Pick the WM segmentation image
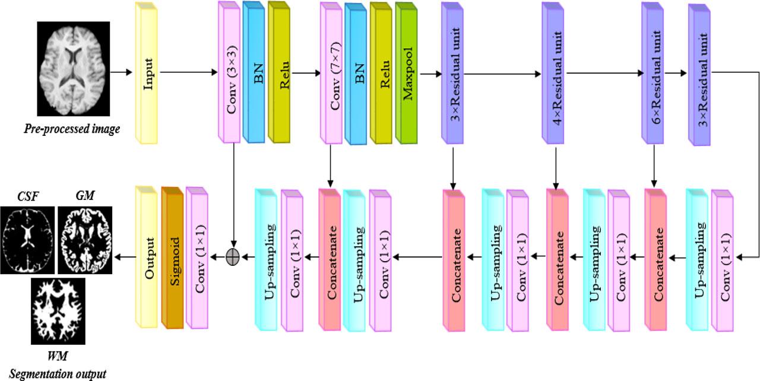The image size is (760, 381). coord(58,311)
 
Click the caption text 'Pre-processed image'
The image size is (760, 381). coord(72,128)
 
